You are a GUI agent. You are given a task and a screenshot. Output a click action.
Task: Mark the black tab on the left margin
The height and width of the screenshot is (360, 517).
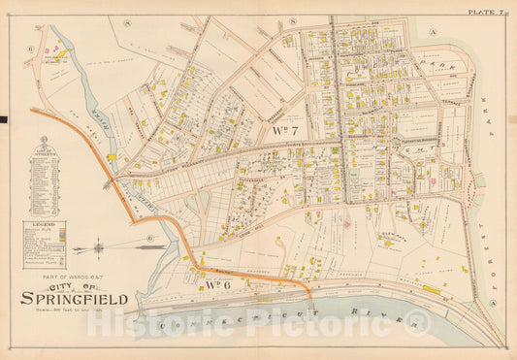pos(4,119)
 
